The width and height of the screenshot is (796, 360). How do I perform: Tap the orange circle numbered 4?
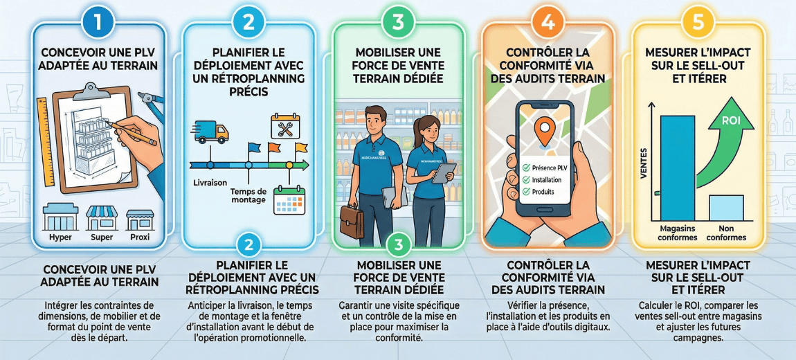pyautogui.click(x=548, y=22)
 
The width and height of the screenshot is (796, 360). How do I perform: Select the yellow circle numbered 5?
pyautogui.click(x=697, y=22)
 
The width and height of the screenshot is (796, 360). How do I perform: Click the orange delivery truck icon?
pyautogui.click(x=212, y=131)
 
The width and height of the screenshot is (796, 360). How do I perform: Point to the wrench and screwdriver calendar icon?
pyautogui.click(x=284, y=127)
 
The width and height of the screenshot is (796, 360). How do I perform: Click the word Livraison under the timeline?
pyautogui.click(x=210, y=183)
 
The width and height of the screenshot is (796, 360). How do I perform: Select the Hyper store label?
pyautogui.click(x=60, y=237)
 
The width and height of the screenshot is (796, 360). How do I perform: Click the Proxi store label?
pyautogui.click(x=140, y=237)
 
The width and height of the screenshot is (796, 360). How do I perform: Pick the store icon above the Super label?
pyautogui.click(x=101, y=217)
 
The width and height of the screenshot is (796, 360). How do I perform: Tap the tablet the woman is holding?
pyautogui.click(x=443, y=172)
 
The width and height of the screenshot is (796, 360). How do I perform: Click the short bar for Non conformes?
pyautogui.click(x=726, y=207)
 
